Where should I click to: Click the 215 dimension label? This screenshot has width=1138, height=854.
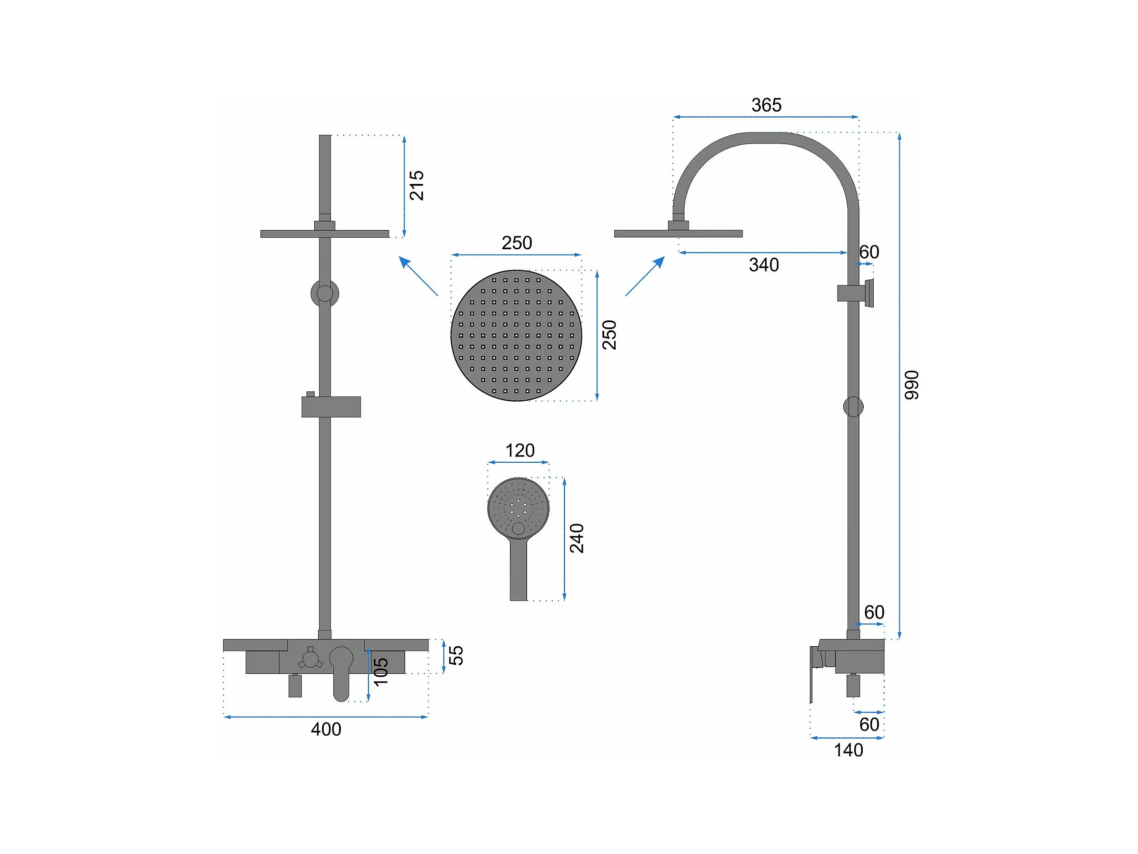click(x=416, y=185)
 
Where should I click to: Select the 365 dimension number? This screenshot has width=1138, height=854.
click(x=766, y=105)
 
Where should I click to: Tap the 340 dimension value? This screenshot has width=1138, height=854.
click(x=763, y=265)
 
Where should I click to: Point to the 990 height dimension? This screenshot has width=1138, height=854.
click(x=911, y=385)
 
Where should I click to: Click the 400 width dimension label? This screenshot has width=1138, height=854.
click(x=326, y=730)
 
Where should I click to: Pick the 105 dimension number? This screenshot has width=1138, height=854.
click(x=381, y=672)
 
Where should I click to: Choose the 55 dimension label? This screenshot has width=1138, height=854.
click(x=456, y=655)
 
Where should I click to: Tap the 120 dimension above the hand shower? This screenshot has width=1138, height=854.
click(x=519, y=450)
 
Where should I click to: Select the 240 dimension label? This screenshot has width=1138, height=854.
click(x=577, y=539)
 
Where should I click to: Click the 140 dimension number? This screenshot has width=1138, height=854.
click(x=849, y=751)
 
